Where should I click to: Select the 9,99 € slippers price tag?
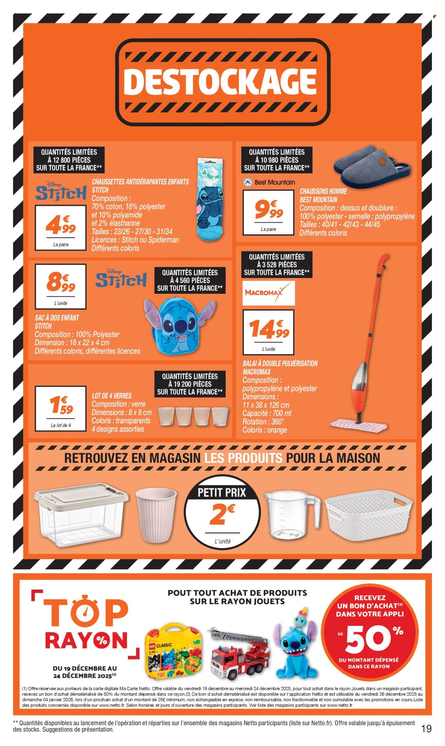[x=268, y=210]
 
